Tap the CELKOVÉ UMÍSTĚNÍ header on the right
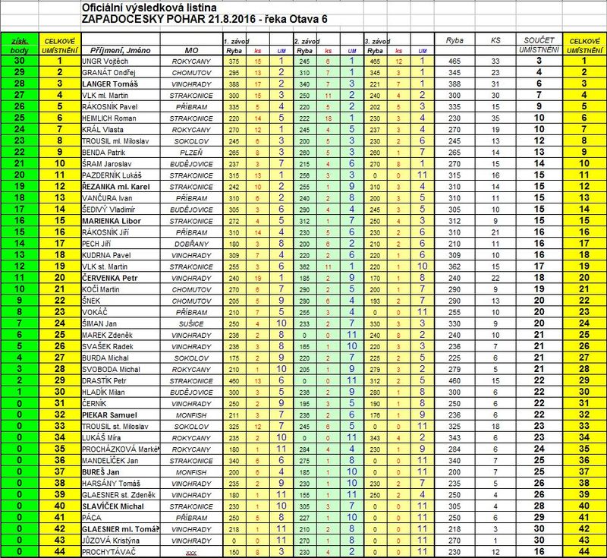pyautogui.click(x=584, y=43)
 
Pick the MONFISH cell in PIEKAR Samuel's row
pyautogui.click(x=185, y=415)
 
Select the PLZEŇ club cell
pyautogui.click(x=185, y=151)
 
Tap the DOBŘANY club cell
pyautogui.click(x=185, y=242)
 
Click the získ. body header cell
pyautogui.click(x=17, y=43)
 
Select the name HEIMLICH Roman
pyautogui.click(x=109, y=117)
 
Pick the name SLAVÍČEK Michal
pyautogui.click(x=113, y=503)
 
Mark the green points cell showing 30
pyautogui.click(x=17, y=60)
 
